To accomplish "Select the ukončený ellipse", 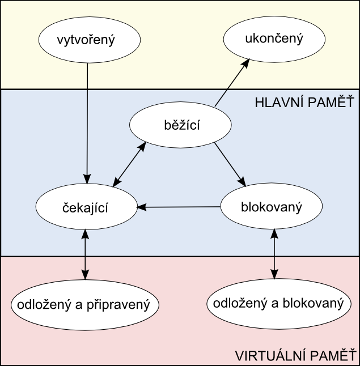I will click(x=274, y=39).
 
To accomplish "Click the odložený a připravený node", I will click(x=84, y=304).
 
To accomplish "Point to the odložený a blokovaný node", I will click(x=278, y=304).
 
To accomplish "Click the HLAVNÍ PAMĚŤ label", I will click(x=304, y=103).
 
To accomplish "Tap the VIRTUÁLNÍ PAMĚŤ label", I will click(x=294, y=357).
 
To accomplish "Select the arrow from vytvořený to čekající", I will click(x=87, y=119).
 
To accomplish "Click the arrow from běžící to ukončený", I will click(x=231, y=83).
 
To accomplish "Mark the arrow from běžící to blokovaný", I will click(x=230, y=164).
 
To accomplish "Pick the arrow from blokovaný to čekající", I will click(x=179, y=207).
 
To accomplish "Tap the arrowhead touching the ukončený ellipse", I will click(x=246, y=62).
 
